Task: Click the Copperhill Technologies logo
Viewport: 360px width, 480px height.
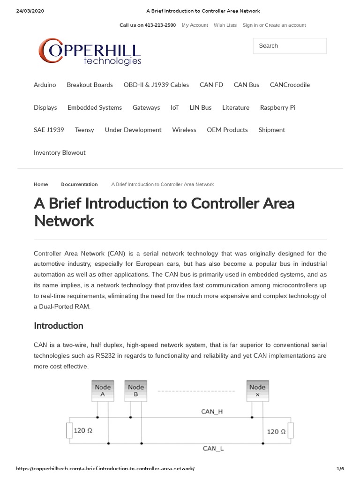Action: (90, 52)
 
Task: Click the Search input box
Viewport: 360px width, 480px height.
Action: (289, 46)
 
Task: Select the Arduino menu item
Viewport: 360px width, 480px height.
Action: (45, 85)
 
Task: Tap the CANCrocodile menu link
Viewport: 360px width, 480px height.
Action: (290, 85)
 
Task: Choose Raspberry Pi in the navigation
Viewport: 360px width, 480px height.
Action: (277, 107)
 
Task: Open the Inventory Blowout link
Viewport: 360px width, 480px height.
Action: (60, 152)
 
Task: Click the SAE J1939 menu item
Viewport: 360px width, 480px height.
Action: (49, 130)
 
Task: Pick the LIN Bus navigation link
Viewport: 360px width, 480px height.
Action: (200, 107)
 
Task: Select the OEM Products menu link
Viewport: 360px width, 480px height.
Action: (227, 130)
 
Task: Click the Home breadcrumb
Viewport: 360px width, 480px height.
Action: (41, 184)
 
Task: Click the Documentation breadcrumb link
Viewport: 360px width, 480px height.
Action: (79, 184)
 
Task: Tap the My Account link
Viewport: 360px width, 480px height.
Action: (195, 25)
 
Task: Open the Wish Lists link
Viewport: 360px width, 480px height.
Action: (225, 25)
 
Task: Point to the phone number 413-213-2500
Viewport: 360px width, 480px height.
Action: (160, 25)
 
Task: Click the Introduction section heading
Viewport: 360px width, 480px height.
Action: (58, 325)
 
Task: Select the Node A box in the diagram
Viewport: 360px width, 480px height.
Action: (103, 390)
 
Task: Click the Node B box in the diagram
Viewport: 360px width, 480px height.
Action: (135, 390)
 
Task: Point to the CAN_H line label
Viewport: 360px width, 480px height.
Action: (212, 412)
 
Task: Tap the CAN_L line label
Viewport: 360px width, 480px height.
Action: (213, 449)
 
